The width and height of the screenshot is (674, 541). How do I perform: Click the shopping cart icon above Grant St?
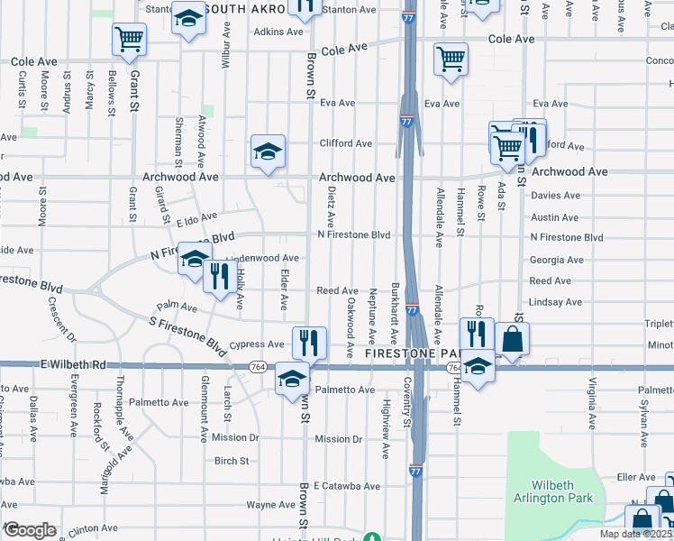[130, 39]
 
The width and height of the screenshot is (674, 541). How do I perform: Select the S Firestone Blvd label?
[187, 334]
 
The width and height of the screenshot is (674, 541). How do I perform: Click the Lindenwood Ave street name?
[262, 258]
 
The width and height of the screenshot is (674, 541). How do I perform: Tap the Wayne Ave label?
[266, 506]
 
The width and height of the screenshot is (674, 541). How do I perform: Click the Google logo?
[30, 529]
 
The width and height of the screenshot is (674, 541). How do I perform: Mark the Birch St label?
[232, 461]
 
